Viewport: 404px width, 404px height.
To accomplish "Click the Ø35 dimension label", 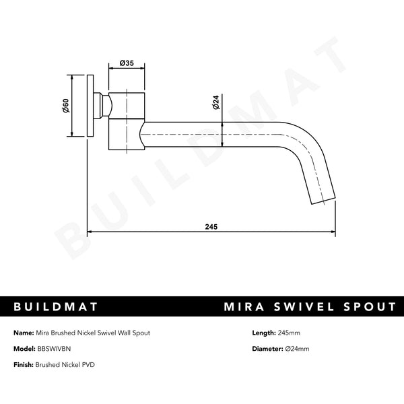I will click(127, 63).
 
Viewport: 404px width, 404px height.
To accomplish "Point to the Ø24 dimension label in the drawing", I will click(215, 102).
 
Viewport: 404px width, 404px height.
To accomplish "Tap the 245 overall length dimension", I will click(211, 227).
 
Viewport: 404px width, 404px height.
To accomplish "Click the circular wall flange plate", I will click(90, 106).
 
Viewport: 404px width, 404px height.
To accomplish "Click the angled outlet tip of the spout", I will click(322, 197).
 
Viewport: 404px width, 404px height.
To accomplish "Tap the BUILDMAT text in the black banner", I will click(57, 307).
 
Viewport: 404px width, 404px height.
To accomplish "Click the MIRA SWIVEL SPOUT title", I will click(310, 307).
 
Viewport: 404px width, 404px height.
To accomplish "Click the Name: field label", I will click(24, 333).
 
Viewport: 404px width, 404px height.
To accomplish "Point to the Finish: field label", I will click(25, 364).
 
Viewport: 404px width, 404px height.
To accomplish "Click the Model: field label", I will click(25, 349).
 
